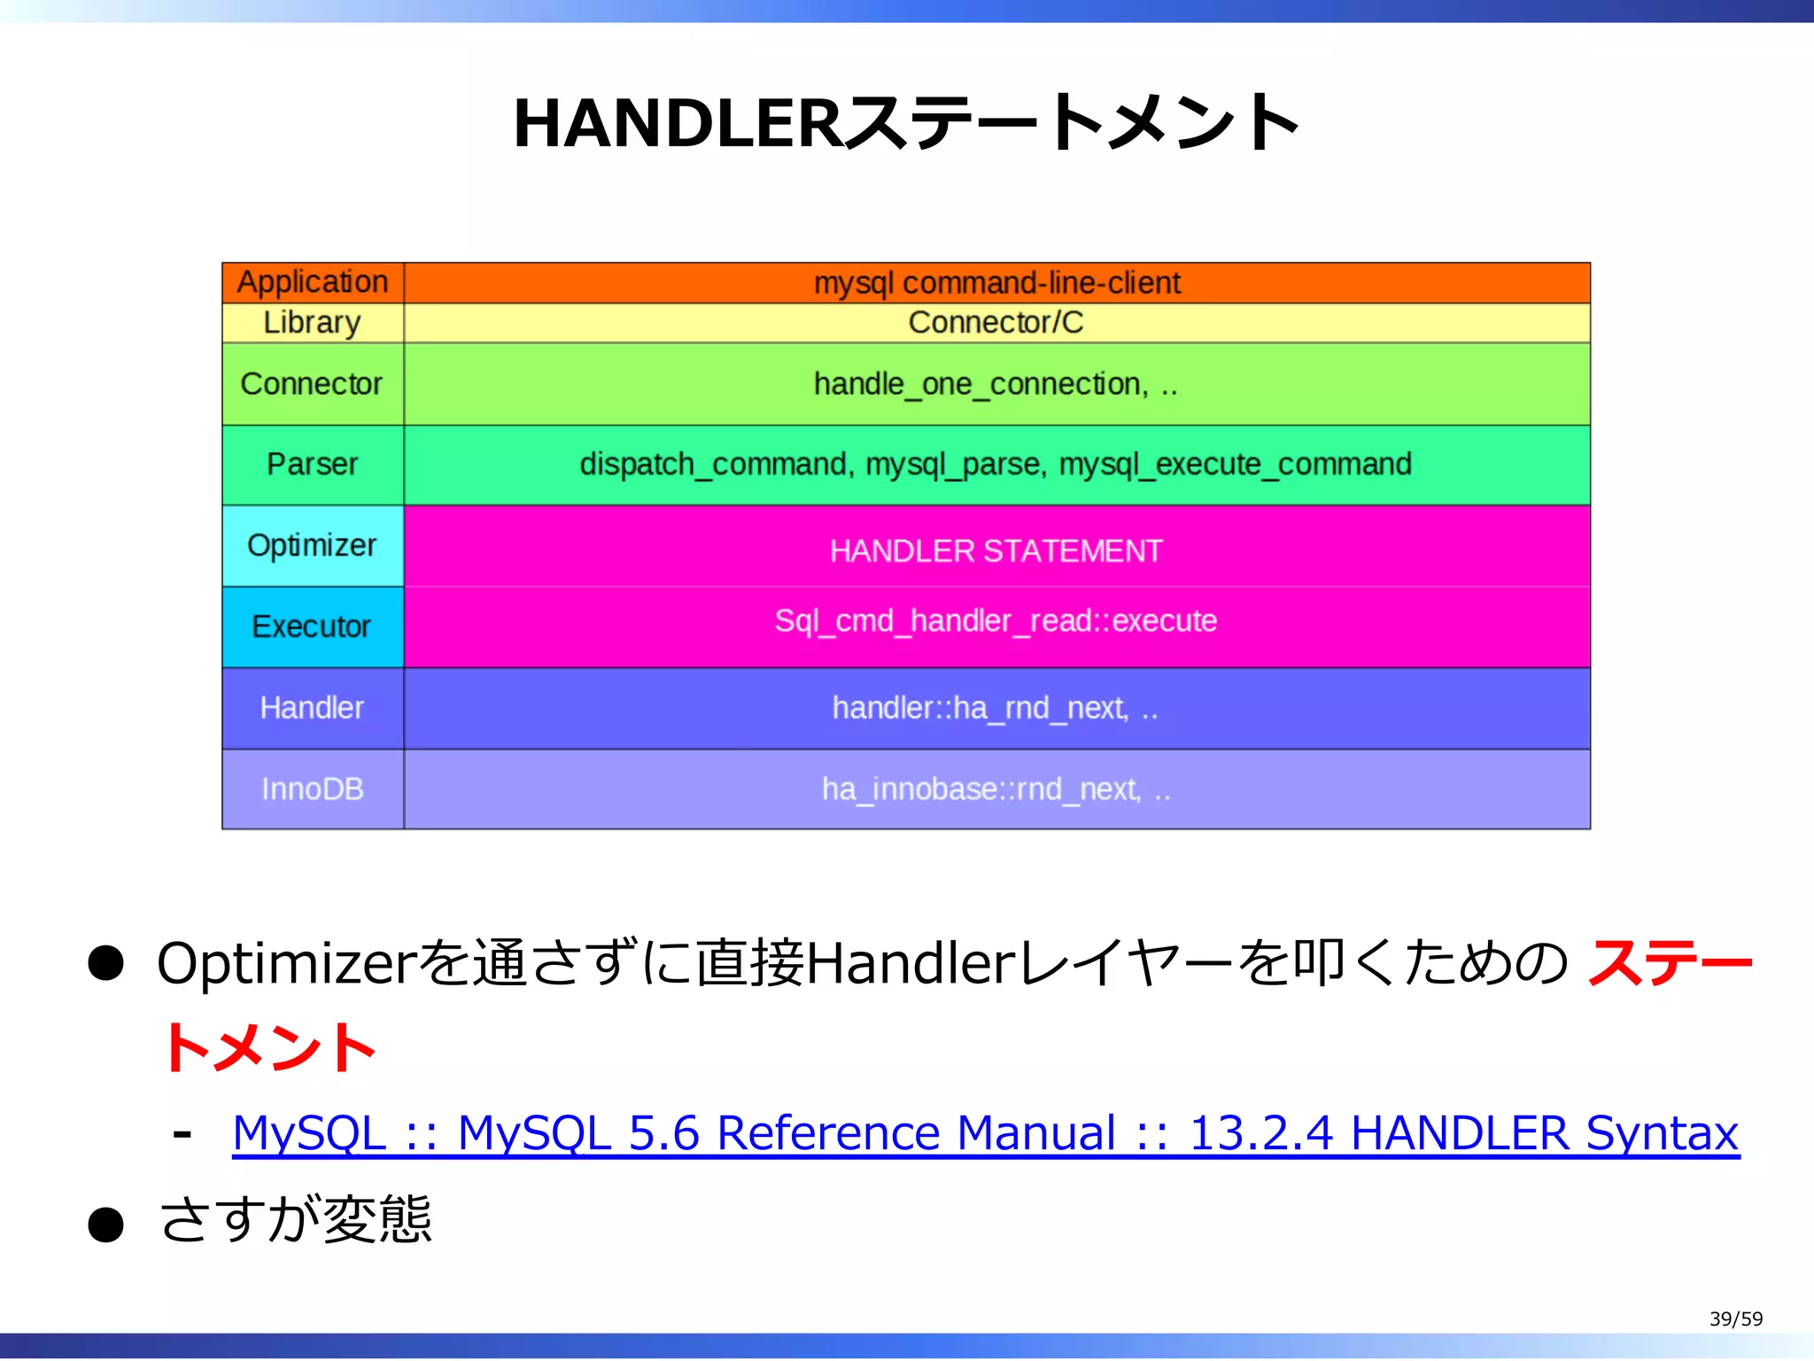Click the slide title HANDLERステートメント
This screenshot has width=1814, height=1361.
click(906, 123)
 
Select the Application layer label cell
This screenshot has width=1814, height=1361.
click(313, 282)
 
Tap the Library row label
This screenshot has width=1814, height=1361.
click(313, 323)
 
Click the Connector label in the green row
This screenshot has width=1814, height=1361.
click(312, 384)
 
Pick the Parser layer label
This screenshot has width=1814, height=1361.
click(313, 464)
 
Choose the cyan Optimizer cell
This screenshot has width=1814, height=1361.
click(313, 545)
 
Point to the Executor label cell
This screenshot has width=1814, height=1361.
click(312, 626)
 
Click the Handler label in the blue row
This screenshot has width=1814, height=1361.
click(313, 708)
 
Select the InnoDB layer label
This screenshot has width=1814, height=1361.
click(313, 789)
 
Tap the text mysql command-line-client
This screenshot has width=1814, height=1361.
click(996, 283)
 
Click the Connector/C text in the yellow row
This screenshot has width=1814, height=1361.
click(996, 323)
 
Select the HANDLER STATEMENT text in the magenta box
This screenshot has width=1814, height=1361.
click(996, 551)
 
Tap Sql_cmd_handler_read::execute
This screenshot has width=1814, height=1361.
click(996, 621)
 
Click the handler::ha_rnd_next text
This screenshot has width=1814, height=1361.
click(981, 708)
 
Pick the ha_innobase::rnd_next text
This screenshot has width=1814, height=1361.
click(981, 789)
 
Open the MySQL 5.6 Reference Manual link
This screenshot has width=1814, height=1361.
click(985, 1133)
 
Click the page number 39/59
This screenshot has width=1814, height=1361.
click(1735, 1318)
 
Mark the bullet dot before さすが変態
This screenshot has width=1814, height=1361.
click(105, 1225)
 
